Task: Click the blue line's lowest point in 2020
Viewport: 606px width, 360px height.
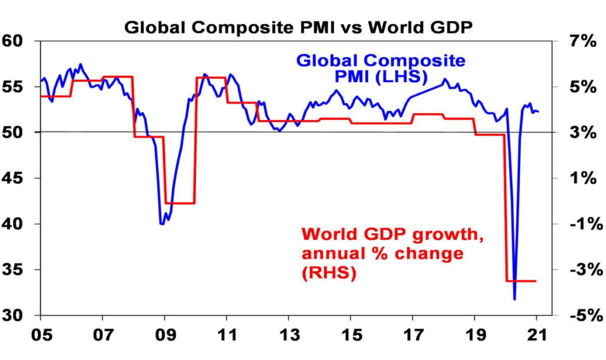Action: (x=515, y=299)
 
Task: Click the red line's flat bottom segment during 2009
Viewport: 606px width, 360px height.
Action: (x=180, y=203)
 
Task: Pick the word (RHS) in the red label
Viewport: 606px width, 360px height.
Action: (x=329, y=274)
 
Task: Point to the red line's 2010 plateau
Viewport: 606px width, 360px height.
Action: (x=211, y=78)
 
